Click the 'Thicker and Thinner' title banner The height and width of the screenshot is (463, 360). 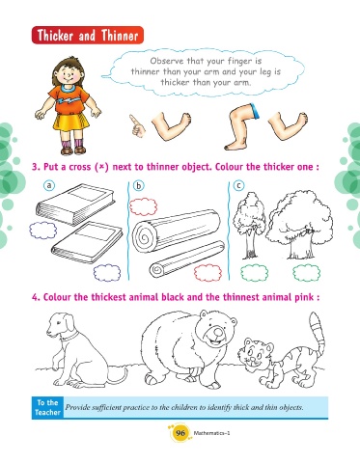point(88,35)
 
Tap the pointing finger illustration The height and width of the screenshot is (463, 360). point(137,125)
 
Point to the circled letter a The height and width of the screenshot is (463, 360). point(49,185)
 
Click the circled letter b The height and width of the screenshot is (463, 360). point(139,186)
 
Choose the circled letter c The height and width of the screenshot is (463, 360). point(238,185)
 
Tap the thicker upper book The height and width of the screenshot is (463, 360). point(75,204)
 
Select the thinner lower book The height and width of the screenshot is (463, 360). point(87,242)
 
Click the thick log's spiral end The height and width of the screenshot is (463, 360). point(144,236)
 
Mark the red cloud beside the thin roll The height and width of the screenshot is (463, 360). point(208,272)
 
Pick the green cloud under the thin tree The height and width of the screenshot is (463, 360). point(254,273)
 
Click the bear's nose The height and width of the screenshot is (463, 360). point(218,332)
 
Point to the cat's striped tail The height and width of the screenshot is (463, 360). point(317,335)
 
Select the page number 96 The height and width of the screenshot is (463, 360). point(180,433)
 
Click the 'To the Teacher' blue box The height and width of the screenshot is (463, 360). point(47,408)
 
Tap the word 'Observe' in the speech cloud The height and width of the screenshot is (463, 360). point(167,61)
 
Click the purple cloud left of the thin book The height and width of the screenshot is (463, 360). point(43,231)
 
